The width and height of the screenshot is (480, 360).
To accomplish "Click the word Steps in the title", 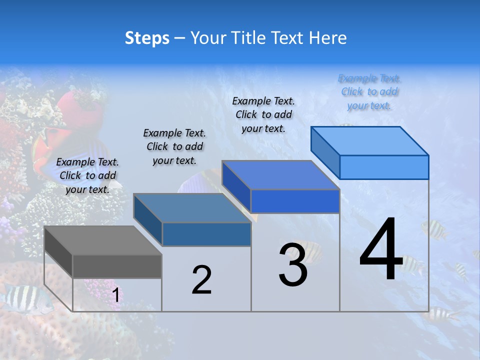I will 147,38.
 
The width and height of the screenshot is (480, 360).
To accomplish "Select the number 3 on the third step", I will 292,265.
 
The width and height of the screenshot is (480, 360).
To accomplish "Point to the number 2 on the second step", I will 201,280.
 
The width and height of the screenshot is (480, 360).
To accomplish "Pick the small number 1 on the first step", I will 116,295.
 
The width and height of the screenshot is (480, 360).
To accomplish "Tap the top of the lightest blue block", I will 369,140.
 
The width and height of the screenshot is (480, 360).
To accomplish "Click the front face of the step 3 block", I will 295,201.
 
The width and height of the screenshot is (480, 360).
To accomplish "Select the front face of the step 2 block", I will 206,234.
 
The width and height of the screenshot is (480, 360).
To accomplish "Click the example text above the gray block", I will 87,175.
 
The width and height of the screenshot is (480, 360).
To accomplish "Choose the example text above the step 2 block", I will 174,146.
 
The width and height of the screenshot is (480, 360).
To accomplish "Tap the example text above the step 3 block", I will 263,114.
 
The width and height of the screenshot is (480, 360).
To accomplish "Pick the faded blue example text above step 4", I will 369,92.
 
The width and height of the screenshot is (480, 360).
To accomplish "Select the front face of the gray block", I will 117,266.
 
